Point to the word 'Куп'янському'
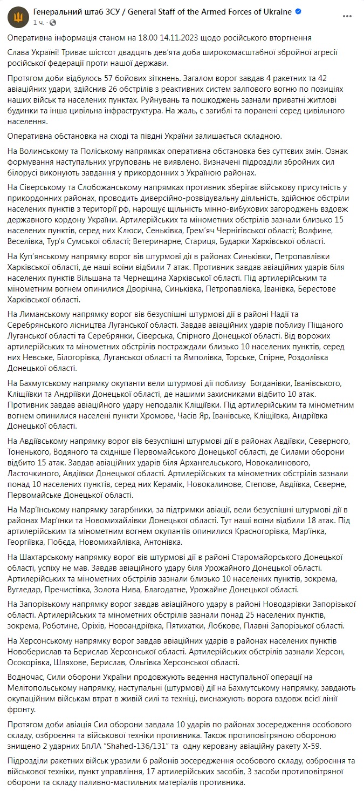pos(46,255)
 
